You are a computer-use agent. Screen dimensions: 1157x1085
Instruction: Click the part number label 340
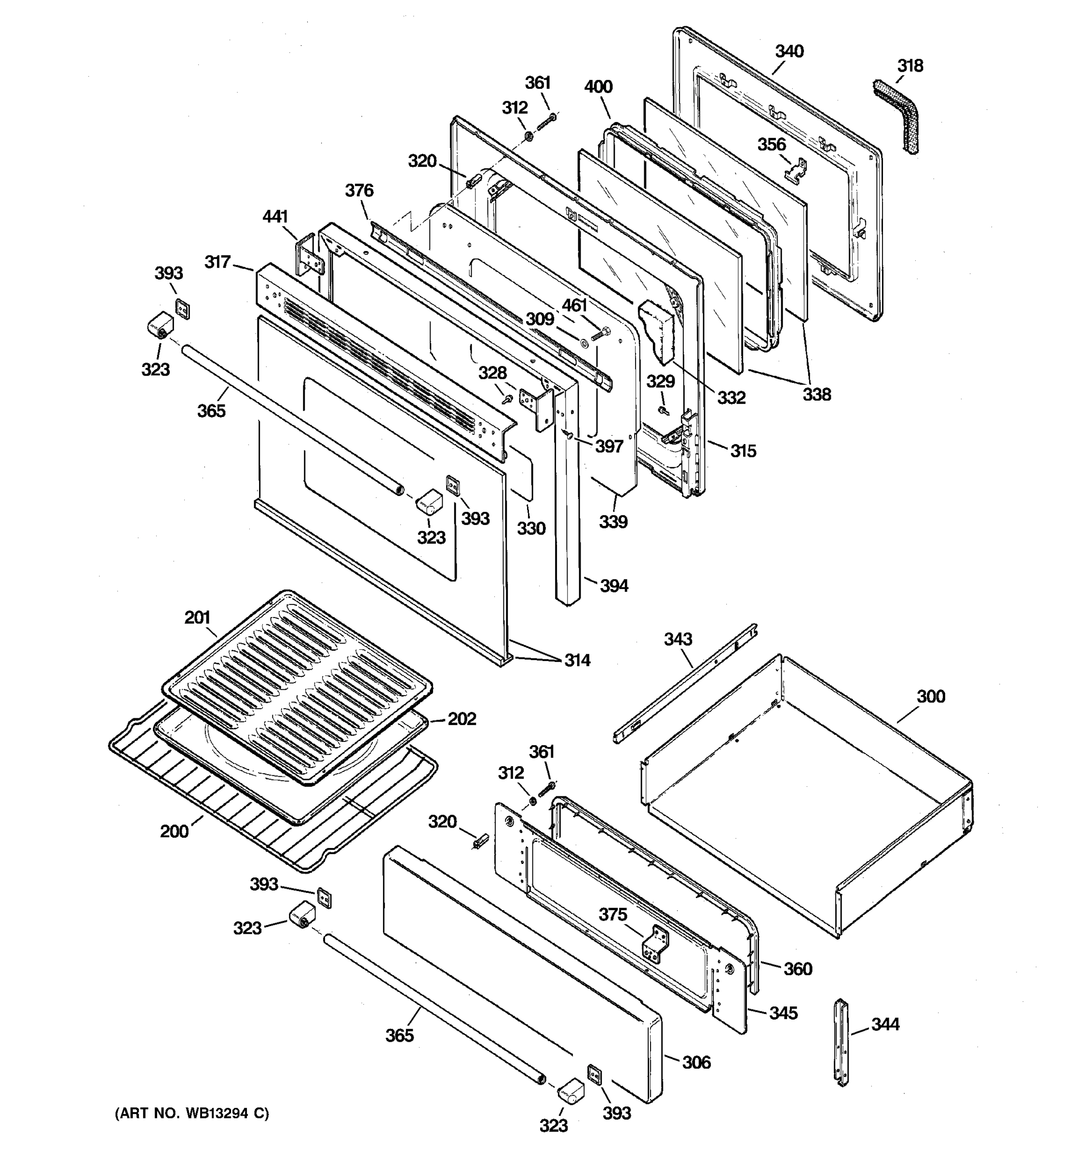789,51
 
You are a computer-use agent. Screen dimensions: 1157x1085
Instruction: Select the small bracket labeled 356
796,170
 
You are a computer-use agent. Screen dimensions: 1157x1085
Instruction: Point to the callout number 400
598,87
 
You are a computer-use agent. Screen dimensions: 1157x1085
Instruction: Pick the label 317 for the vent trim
217,262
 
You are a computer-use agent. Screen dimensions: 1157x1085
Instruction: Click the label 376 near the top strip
359,190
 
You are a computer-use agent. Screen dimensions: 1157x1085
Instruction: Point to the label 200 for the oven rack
175,831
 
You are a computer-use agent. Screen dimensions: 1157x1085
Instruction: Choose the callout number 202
461,719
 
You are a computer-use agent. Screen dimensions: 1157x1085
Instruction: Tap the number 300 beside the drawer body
931,696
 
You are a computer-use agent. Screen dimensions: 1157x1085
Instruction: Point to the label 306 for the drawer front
696,1062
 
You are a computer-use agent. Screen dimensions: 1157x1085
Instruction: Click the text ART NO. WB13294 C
191,1113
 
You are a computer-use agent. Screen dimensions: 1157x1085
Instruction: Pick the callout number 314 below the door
577,660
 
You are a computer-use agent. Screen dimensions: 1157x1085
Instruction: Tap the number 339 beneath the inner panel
613,522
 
